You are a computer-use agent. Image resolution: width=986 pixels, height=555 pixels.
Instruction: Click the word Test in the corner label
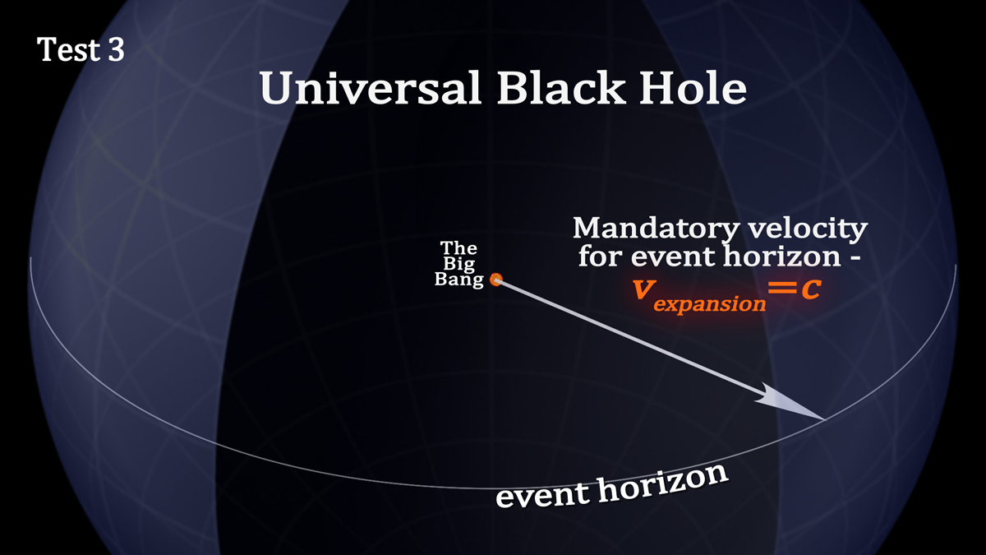67,49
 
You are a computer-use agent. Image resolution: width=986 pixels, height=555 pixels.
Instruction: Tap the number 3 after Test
116,49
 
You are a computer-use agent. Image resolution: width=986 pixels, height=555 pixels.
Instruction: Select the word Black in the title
560,87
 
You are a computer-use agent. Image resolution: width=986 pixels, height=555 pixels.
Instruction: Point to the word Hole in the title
693,87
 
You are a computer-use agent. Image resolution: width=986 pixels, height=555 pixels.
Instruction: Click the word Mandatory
656,229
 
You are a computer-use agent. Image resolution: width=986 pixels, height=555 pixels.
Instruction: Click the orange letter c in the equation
811,289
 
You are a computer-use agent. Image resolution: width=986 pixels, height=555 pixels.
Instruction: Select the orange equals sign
782,289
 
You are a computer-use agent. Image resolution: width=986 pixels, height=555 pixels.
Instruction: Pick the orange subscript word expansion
710,304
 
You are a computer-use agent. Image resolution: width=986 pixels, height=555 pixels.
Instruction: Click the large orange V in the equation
643,289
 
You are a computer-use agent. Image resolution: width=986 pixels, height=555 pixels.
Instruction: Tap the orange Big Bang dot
496,280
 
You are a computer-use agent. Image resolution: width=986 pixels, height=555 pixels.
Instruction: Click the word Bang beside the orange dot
458,280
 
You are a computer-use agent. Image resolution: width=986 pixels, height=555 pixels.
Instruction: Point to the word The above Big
458,248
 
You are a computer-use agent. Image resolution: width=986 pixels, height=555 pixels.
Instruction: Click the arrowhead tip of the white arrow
825,419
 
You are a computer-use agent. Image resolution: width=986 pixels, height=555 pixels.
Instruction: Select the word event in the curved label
541,494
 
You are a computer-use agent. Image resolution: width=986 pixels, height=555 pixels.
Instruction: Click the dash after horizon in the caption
855,258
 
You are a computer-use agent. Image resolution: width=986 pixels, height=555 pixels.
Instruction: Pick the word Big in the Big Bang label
458,263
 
